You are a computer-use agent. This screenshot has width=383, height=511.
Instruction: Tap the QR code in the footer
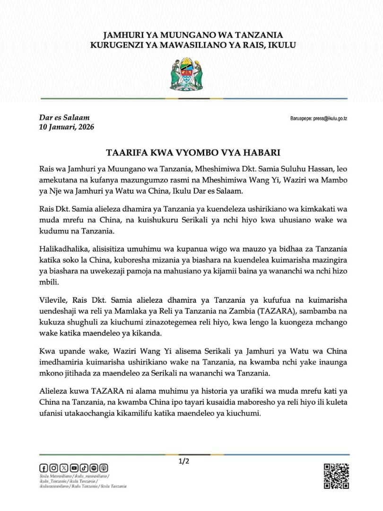336,476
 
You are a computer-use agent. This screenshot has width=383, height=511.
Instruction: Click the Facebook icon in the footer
44,468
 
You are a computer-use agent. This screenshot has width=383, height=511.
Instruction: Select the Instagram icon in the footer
53,468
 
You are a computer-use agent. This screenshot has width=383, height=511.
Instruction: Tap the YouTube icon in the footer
74,468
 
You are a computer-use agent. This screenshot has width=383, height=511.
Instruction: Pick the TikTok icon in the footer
84,468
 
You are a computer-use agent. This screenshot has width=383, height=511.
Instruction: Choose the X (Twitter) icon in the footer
64,468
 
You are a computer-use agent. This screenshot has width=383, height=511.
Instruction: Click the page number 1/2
184,461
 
